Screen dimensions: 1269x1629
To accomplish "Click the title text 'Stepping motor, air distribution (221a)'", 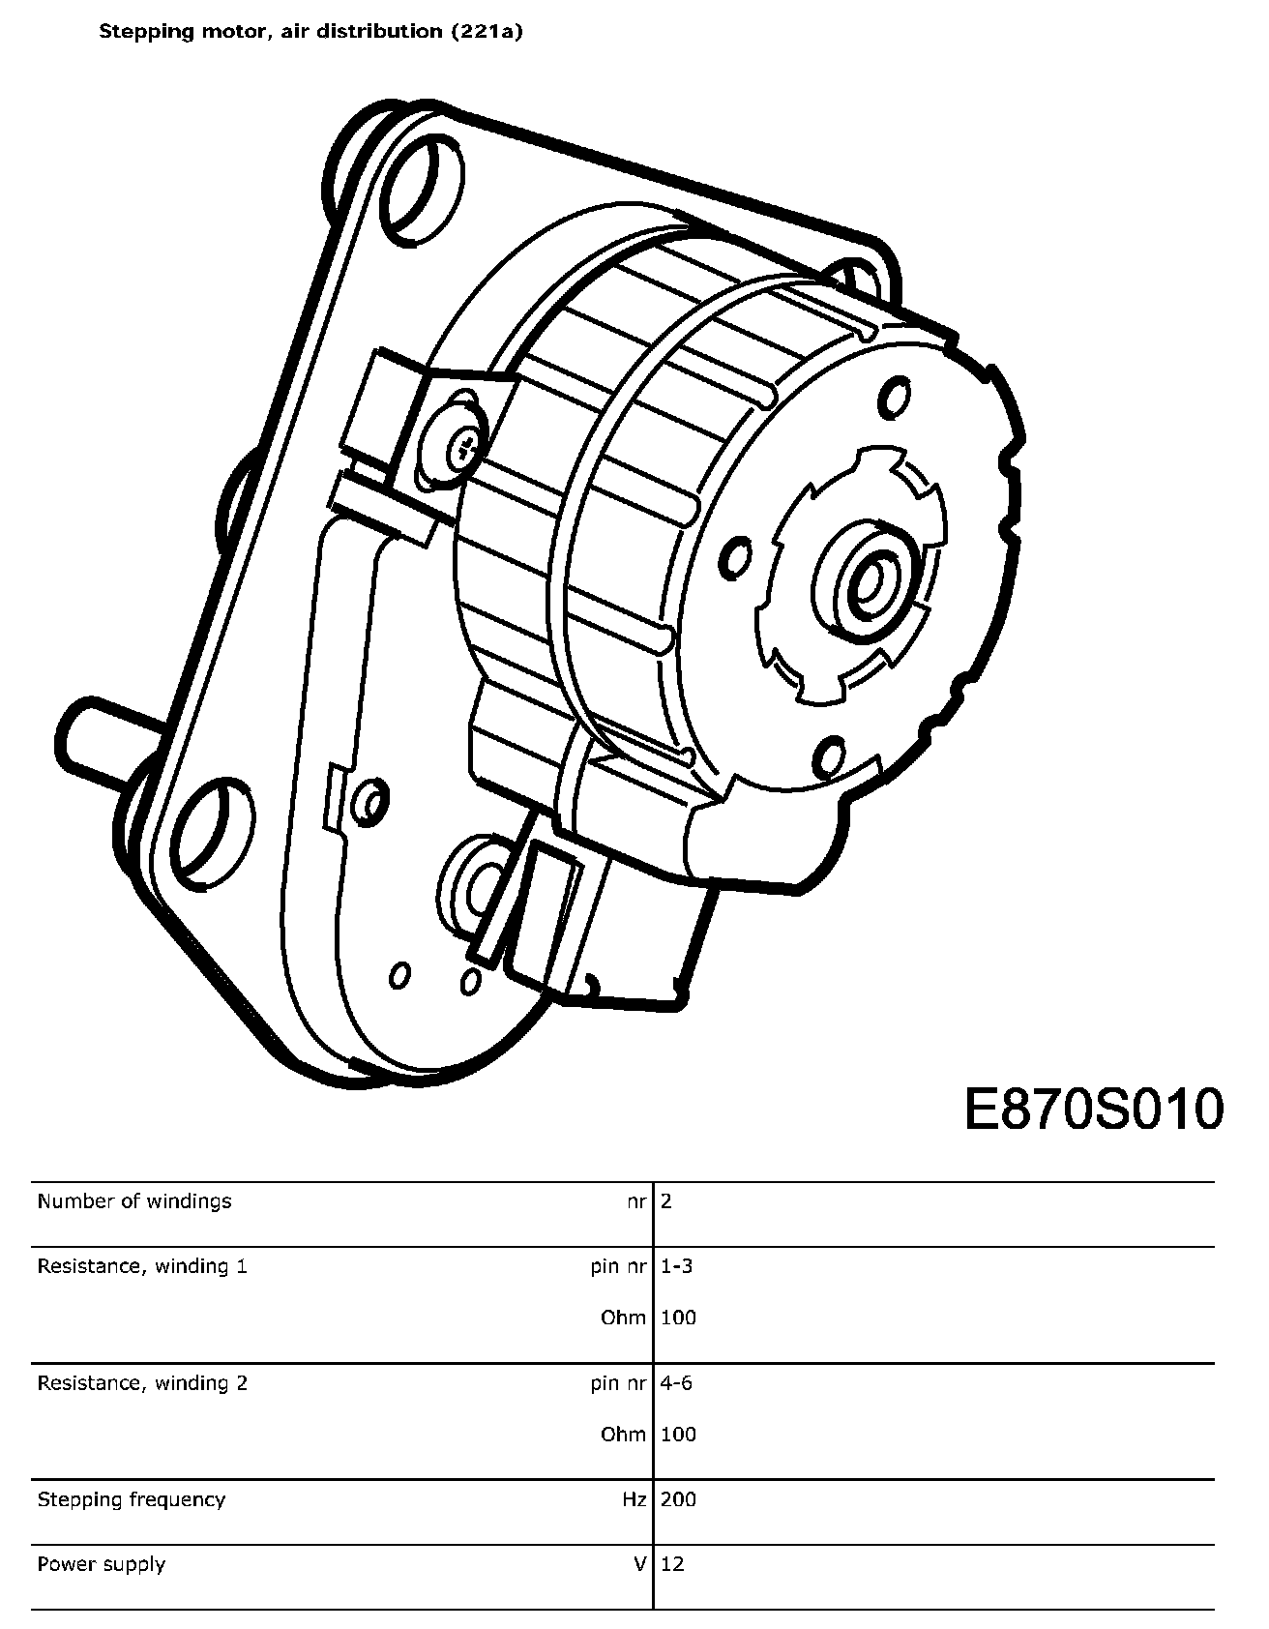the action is click(x=311, y=31).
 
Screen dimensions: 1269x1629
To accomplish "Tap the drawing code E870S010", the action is click(x=1094, y=1110).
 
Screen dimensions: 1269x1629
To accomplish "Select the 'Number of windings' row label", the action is click(x=134, y=1201).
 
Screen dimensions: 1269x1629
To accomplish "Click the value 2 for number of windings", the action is click(x=666, y=1201).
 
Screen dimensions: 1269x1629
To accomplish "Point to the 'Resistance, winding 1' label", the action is click(x=142, y=1266).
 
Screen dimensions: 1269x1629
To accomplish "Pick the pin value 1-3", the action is click(x=677, y=1266).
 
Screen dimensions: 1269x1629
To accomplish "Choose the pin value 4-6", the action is click(x=677, y=1383).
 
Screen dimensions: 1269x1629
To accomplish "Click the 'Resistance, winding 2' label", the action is click(x=142, y=1383).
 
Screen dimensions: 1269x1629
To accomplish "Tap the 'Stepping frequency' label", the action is click(x=132, y=1500).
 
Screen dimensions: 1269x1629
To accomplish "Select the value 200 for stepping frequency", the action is click(x=678, y=1500).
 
